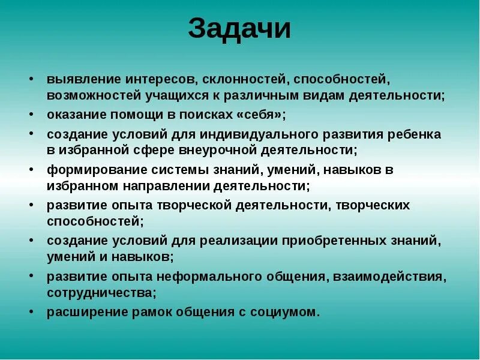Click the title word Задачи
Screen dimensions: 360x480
239,28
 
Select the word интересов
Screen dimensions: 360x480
161,80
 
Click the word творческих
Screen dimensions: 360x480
372,205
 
